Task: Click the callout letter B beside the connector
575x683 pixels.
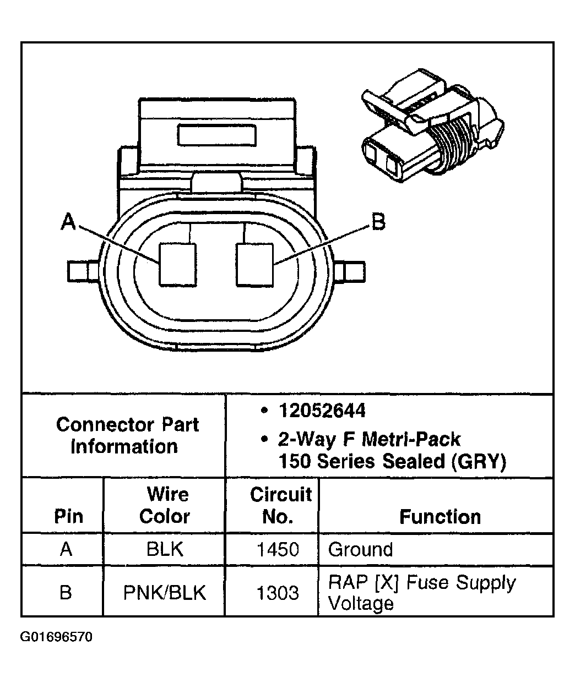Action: coord(378,222)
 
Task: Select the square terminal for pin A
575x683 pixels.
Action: coord(177,265)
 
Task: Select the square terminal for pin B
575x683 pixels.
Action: coord(255,265)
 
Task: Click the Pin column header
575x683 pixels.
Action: coord(68,516)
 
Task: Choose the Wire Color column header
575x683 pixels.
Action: coord(165,505)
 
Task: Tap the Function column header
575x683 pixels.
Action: coord(440,517)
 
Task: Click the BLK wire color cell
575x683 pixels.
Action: coord(165,549)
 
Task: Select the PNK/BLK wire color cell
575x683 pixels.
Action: coord(165,592)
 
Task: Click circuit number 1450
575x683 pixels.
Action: coord(278,549)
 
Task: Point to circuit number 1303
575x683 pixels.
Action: coord(278,592)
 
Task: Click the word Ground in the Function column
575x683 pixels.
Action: coord(360,549)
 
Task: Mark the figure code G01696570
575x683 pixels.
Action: coord(56,637)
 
